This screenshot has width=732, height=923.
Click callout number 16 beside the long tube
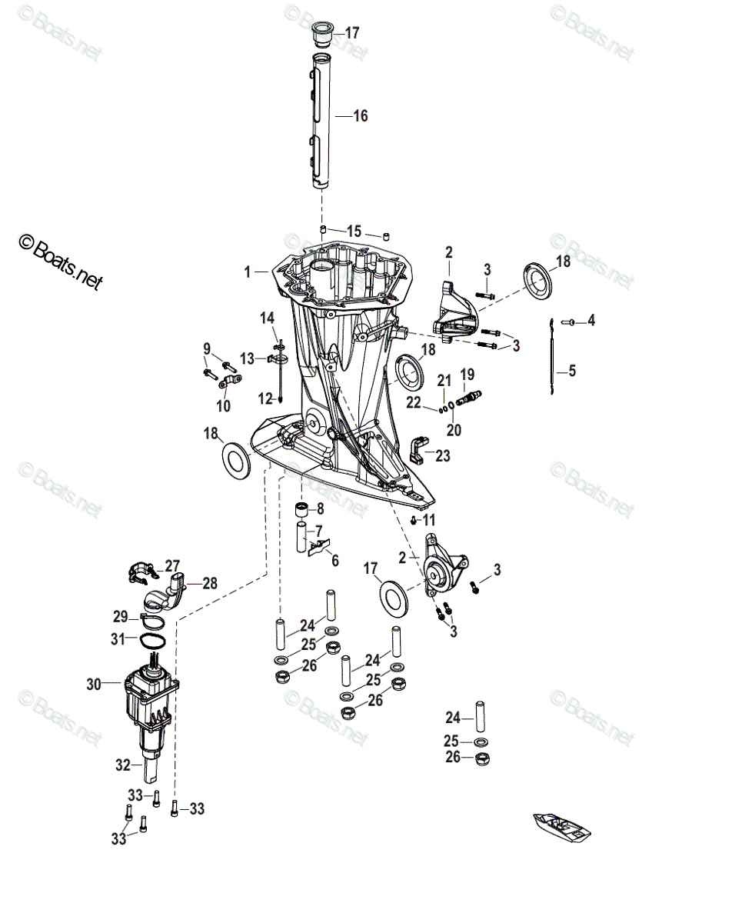[x=360, y=116]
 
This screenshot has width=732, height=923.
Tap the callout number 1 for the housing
[x=248, y=272]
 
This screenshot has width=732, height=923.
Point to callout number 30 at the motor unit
[x=94, y=683]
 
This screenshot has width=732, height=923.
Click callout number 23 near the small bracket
[x=442, y=455]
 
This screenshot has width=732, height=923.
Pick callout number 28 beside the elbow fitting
[x=210, y=583]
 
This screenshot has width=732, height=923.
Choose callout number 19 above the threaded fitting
[x=467, y=375]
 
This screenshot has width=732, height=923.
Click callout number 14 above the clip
[x=267, y=318]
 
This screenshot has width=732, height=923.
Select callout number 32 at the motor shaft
[x=124, y=765]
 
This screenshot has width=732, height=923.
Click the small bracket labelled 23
[x=418, y=448]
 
